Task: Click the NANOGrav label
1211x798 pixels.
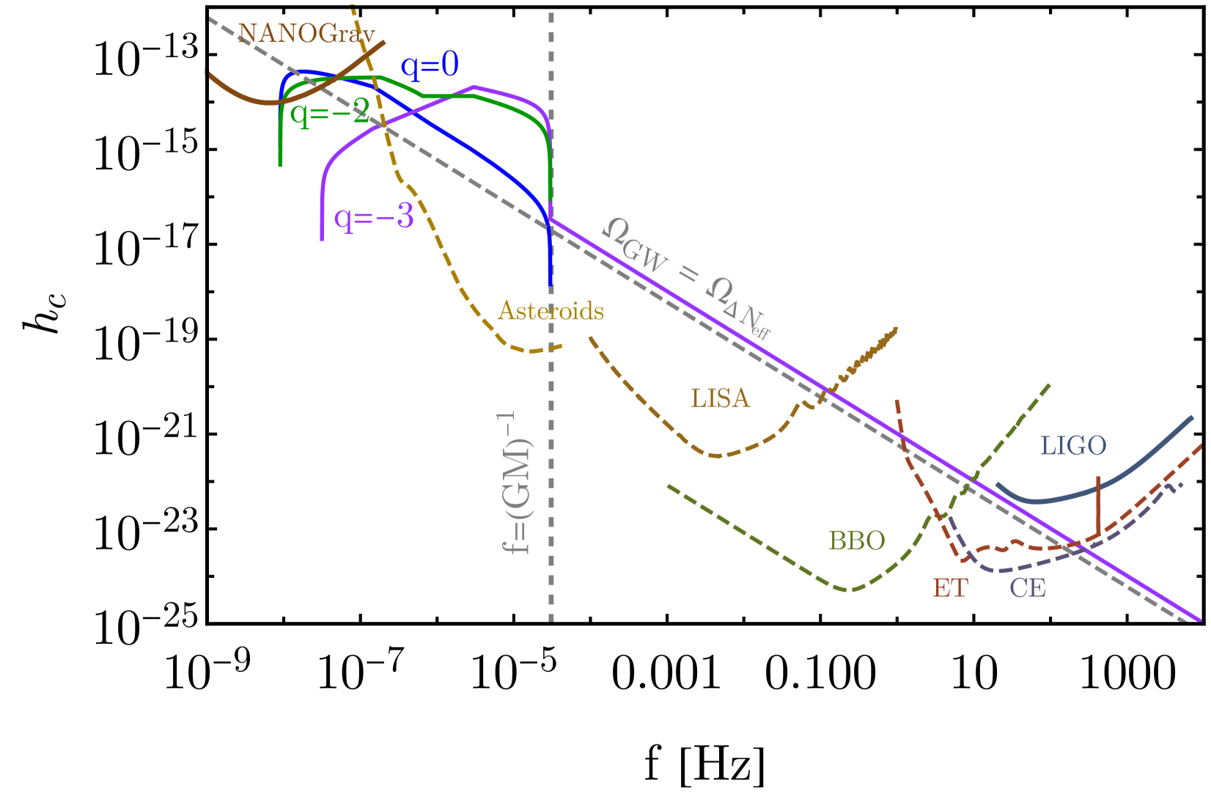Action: (306, 34)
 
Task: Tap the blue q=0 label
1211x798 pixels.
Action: (430, 65)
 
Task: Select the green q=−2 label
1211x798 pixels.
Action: (329, 113)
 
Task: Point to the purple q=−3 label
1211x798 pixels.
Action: (374, 217)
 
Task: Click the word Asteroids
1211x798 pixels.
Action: (551, 311)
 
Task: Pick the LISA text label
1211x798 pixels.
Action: (720, 398)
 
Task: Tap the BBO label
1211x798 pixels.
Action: (856, 541)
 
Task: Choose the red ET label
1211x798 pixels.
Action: (950, 587)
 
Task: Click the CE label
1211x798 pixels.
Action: (1027, 587)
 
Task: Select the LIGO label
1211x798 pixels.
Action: (1073, 445)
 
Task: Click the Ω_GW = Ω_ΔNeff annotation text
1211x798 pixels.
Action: (686, 278)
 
